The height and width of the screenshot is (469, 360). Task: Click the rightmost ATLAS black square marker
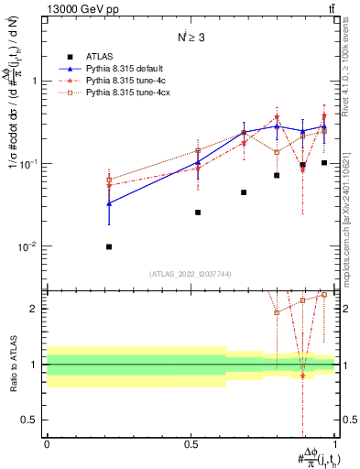[x=324, y=163]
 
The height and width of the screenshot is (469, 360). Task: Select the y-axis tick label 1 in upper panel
[x=34, y=81]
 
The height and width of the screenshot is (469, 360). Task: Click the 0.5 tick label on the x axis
[x=191, y=442]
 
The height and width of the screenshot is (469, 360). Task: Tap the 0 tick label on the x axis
[x=47, y=442]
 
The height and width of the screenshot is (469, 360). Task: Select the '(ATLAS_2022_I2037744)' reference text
[x=191, y=274]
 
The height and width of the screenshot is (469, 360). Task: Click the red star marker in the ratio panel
[x=302, y=376]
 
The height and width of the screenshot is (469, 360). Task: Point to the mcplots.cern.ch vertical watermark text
[x=351, y=211]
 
